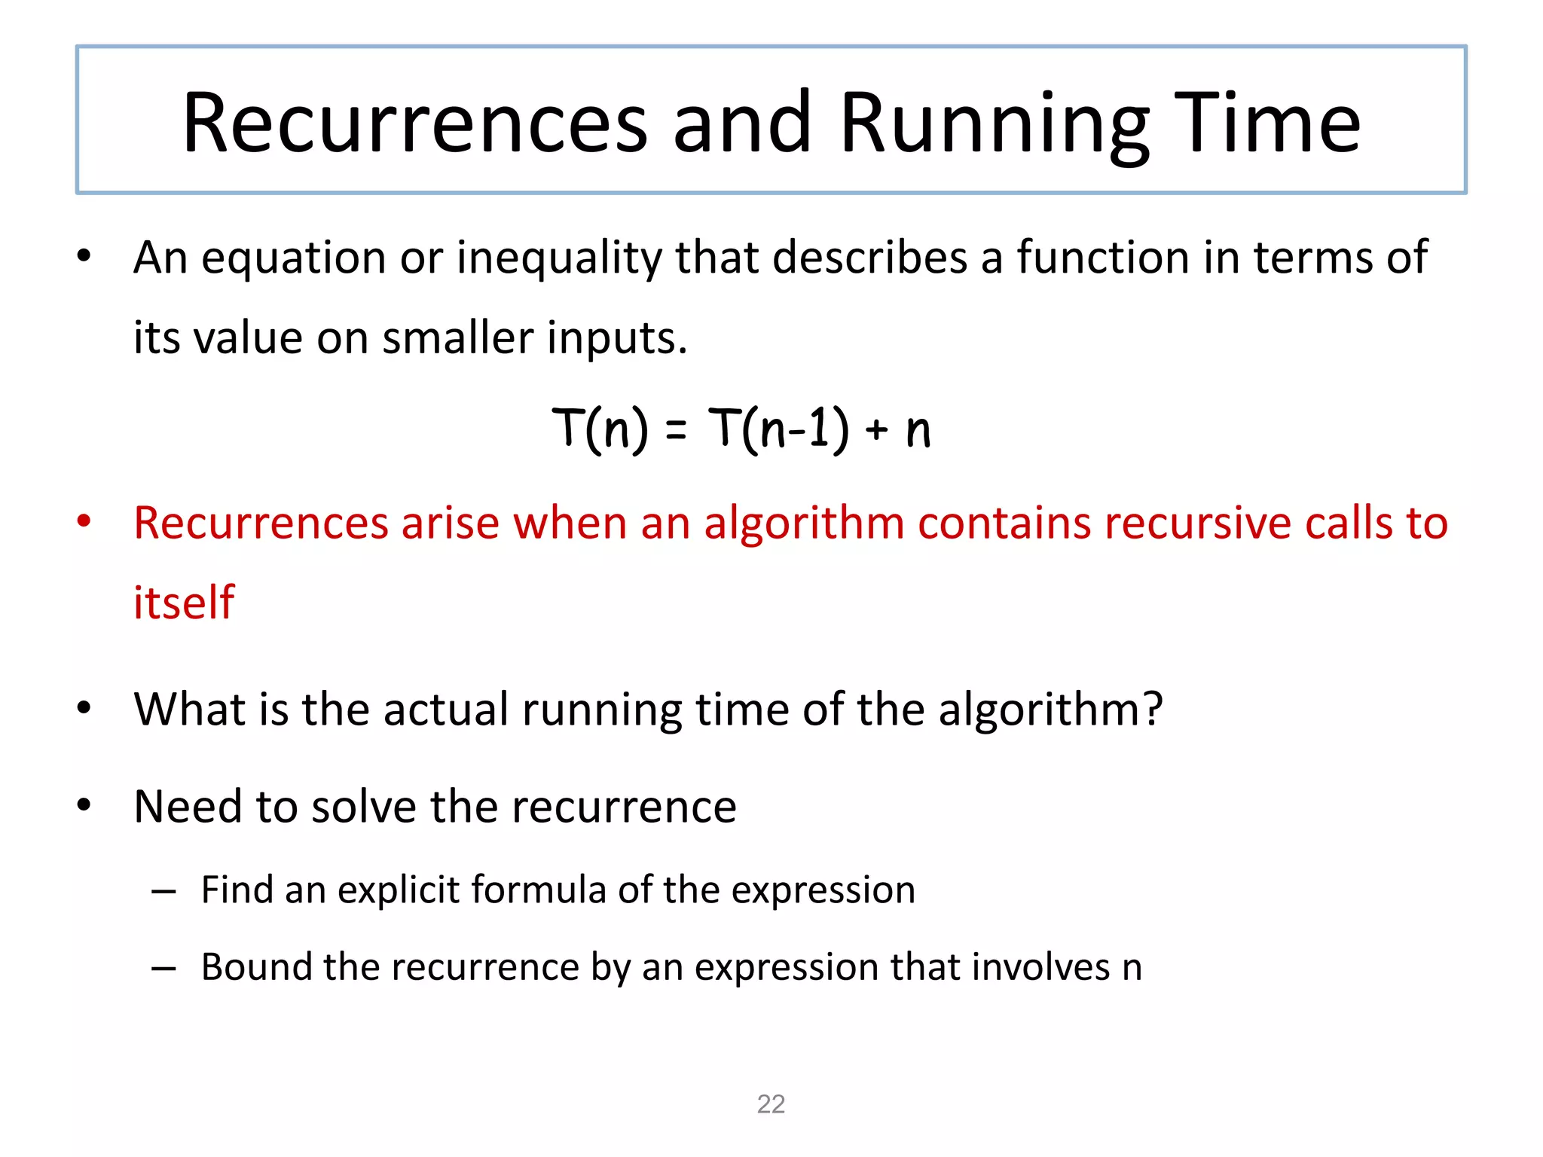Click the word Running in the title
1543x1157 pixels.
(995, 124)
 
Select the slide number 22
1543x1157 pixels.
(771, 1104)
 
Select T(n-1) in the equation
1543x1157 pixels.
(778, 429)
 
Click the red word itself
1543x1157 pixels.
(184, 603)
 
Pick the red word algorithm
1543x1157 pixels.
(804, 523)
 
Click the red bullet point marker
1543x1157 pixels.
(84, 521)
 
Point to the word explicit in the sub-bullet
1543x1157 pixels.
(399, 890)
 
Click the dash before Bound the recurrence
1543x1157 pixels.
(163, 968)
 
